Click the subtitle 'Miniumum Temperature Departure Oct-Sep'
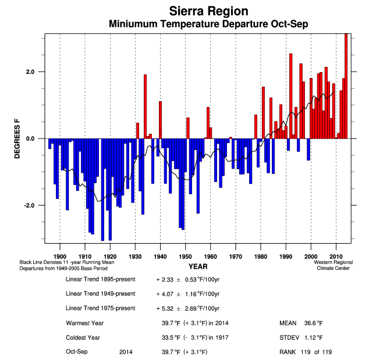coord(208,24)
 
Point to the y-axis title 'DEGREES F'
coord(17,139)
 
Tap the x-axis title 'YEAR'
coord(197,266)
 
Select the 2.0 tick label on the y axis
coord(30,72)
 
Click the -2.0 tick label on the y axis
coord(29,206)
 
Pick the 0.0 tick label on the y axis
coord(30,139)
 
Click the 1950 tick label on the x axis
coord(185,256)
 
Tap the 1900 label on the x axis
coord(60,256)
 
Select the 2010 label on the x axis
coord(336,256)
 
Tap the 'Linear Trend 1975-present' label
coord(101,308)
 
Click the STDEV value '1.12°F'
coord(314,337)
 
